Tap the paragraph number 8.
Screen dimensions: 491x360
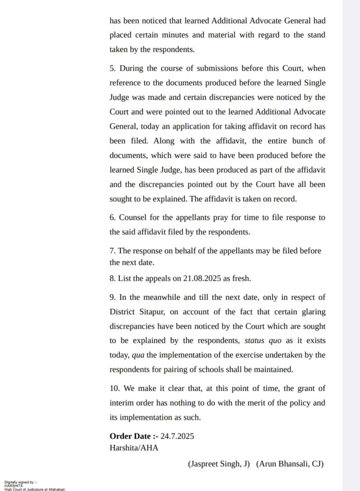pos(112,279)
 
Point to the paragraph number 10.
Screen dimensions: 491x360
pos(114,388)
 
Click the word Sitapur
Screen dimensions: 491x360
pos(152,312)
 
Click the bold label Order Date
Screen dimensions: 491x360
pos(133,436)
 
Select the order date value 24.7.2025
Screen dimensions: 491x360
pos(177,436)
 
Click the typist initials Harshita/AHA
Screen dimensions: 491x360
pos(134,448)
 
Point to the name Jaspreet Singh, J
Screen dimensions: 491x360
pos(219,464)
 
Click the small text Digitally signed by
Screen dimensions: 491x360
pos(19,482)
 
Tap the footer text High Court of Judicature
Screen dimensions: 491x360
pos(35,489)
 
